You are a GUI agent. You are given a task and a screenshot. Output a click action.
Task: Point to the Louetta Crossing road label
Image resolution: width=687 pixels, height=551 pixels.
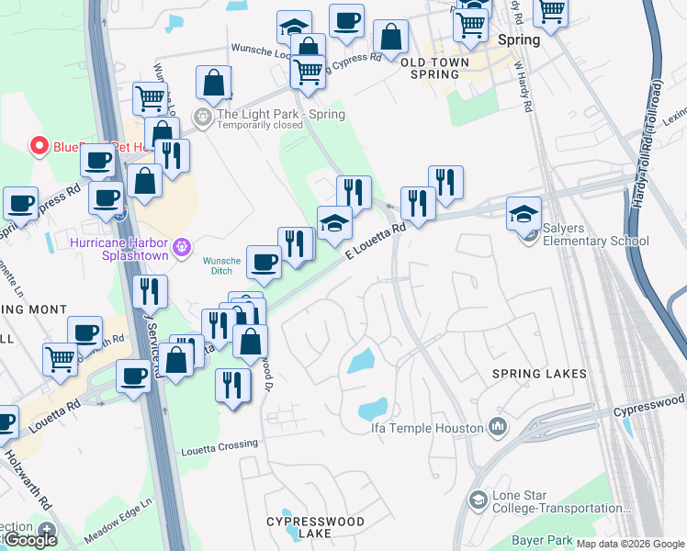point(220,445)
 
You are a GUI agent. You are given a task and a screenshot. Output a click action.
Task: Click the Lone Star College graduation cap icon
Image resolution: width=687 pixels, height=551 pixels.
point(479,500)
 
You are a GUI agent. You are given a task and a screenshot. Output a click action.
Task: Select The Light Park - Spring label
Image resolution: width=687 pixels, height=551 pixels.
point(280,115)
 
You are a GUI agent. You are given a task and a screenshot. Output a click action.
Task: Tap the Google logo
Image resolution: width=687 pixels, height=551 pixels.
point(30,540)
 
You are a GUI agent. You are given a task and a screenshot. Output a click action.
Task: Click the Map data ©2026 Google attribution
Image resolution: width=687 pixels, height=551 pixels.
point(629,544)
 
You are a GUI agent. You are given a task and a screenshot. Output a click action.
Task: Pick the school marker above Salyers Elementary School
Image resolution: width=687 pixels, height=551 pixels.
point(524,215)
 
